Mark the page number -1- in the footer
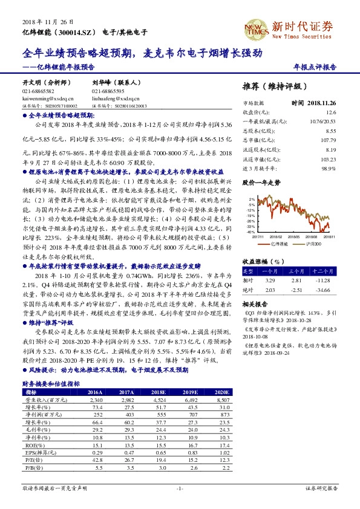(x=180, y=488)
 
